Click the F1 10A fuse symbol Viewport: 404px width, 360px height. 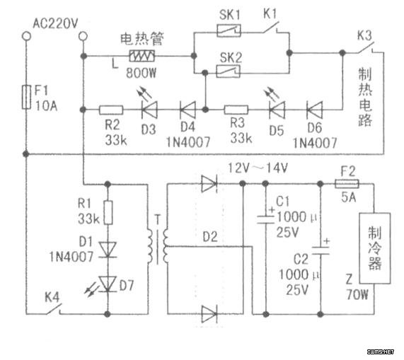[x=26, y=97]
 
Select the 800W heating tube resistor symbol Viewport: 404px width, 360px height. [x=142, y=56]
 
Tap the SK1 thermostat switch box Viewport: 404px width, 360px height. [x=229, y=30]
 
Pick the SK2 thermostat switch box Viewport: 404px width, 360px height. [x=229, y=71]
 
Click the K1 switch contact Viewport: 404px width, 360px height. [x=271, y=28]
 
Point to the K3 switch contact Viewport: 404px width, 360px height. [x=365, y=48]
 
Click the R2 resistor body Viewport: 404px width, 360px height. [x=111, y=110]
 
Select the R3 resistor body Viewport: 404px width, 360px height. [x=236, y=110]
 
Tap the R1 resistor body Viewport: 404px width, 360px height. [x=108, y=213]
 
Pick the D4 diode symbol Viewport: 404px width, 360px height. [x=187, y=110]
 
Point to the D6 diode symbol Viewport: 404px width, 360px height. [x=314, y=110]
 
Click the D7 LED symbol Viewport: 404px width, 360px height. [x=103, y=285]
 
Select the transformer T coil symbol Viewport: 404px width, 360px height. [x=158, y=245]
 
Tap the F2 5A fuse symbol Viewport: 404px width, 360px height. [x=347, y=184]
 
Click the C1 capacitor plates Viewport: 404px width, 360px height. [x=265, y=220]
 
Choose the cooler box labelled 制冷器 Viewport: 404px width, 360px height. [x=375, y=248]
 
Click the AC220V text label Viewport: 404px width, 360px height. [x=55, y=24]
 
